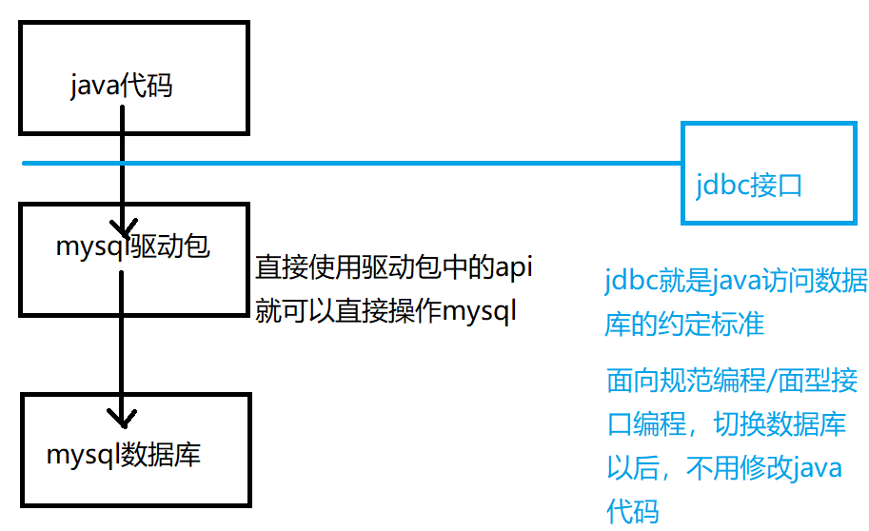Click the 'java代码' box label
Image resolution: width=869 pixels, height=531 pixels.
122,87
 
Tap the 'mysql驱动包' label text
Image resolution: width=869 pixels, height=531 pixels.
132,247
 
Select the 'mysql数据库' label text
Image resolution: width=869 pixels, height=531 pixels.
124,455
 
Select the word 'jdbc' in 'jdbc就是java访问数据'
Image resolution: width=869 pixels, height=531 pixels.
627,282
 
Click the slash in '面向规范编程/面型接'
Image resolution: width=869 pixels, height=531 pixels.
773,383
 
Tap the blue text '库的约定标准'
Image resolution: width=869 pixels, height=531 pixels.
684,324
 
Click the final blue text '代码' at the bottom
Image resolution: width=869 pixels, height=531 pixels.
632,511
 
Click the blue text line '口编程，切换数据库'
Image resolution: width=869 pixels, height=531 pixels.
726,424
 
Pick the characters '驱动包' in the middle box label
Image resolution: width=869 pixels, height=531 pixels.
170,247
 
